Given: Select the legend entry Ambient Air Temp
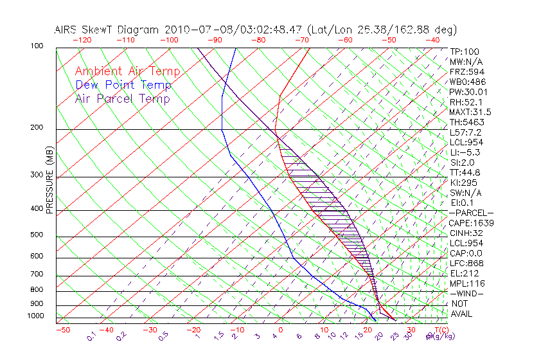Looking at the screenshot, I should [127, 71].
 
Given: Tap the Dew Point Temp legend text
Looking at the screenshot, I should [123, 85].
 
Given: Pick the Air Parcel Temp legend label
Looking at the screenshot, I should [122, 98].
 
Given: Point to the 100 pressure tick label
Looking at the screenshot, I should [37, 46].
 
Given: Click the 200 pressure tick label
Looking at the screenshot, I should [37, 128].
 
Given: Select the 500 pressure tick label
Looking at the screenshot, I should [37, 235].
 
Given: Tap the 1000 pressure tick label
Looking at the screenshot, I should [35, 316].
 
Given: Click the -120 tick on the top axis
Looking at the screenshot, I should [82, 40].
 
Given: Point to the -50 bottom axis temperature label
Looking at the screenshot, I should [62, 330].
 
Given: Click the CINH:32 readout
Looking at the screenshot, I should [465, 233].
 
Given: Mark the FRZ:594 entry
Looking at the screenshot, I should [465, 71].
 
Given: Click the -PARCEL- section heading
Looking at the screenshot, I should [471, 213].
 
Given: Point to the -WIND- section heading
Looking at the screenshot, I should [466, 293].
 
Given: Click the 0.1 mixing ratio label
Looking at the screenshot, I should [91, 336].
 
